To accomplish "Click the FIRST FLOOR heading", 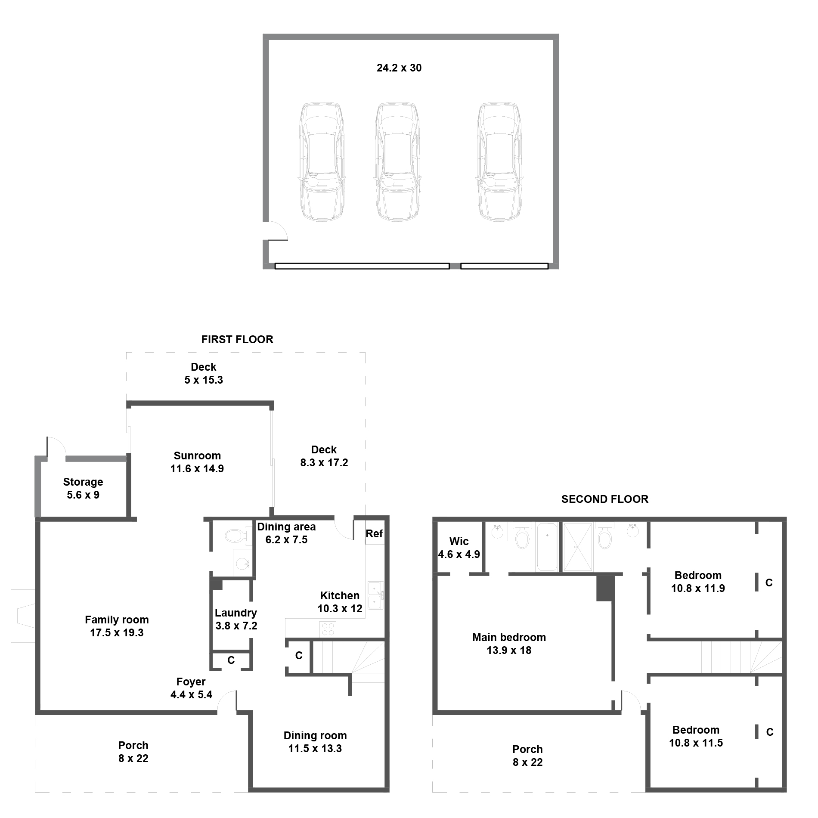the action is click(237, 339).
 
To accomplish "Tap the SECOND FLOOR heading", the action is click(605, 499).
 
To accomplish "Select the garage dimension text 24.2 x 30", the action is click(399, 68).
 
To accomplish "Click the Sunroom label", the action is click(197, 455).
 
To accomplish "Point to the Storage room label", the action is click(83, 482).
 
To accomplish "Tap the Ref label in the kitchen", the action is click(374, 534).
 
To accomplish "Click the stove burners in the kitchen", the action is click(328, 629).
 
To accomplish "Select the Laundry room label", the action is click(236, 613).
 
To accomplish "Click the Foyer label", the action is click(191, 682).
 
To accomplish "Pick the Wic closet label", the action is click(459, 541).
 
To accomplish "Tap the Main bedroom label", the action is click(509, 637).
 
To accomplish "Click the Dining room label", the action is click(315, 735).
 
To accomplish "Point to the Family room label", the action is click(117, 620).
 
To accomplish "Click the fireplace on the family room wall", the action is click(23, 616).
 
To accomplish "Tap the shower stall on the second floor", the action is click(577, 547).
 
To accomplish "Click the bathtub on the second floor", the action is click(547, 547).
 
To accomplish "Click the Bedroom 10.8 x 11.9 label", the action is click(698, 582).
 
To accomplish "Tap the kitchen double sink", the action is click(375, 595).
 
